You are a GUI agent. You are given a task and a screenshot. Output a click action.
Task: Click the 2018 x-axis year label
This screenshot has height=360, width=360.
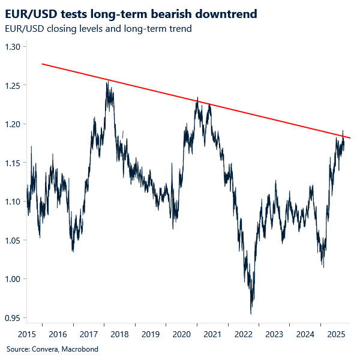(119, 334)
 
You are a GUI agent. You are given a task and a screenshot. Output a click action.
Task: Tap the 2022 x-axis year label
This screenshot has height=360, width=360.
(243, 334)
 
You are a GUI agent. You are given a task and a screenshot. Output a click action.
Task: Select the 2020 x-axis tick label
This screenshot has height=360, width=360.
(181, 334)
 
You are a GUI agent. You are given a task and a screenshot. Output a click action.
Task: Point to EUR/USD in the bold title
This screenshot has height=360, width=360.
(31, 14)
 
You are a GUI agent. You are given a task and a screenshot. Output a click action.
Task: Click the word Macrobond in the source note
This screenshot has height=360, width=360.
(79, 349)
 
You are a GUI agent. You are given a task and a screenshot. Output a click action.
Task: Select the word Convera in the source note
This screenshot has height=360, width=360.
(43, 349)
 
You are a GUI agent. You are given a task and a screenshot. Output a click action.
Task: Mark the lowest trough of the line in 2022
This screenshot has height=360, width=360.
(251, 314)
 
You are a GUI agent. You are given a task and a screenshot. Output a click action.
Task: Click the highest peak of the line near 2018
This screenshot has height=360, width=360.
(107, 82)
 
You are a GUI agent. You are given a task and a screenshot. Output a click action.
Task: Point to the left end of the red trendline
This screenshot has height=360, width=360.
(41, 64)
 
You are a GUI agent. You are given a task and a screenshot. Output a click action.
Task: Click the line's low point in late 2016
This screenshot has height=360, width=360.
(73, 251)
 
